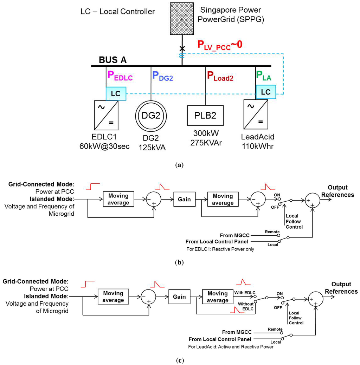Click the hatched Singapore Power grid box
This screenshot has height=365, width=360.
pyautogui.click(x=182, y=18)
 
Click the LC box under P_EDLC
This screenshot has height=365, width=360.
pyautogui.click(x=116, y=94)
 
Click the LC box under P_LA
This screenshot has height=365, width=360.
pyautogui.click(x=266, y=92)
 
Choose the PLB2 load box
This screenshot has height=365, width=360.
pyautogui.click(x=206, y=116)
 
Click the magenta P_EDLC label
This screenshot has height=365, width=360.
pyautogui.click(x=120, y=75)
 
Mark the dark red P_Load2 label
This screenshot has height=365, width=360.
pyautogui.click(x=220, y=75)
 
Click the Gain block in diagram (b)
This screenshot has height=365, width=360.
pyautogui.click(x=184, y=199)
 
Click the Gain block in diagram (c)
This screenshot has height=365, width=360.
pyautogui.click(x=179, y=296)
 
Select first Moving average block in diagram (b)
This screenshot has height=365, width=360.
pyautogui.click(x=118, y=199)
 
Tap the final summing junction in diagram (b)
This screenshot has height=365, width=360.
pyautogui.click(x=313, y=200)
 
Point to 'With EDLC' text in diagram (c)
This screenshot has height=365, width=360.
pyautogui.click(x=245, y=293)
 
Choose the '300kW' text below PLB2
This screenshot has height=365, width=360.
pyautogui.click(x=206, y=133)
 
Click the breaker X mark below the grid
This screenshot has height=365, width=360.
pyautogui.click(x=182, y=48)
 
